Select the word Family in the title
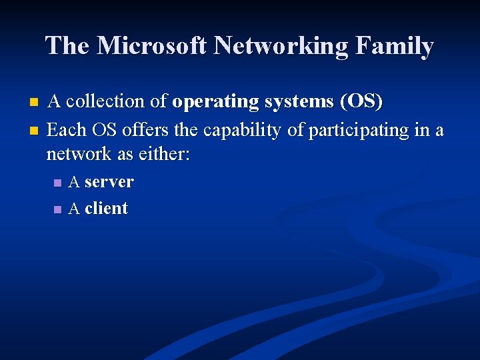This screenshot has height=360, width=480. coord(395,46)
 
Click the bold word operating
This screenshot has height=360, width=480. coord(217,102)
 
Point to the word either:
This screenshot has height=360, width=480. coord(164,155)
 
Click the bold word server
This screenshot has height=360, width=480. coord(109,182)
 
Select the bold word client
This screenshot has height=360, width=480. coord(106,208)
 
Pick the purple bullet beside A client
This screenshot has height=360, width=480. coord(58,209)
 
